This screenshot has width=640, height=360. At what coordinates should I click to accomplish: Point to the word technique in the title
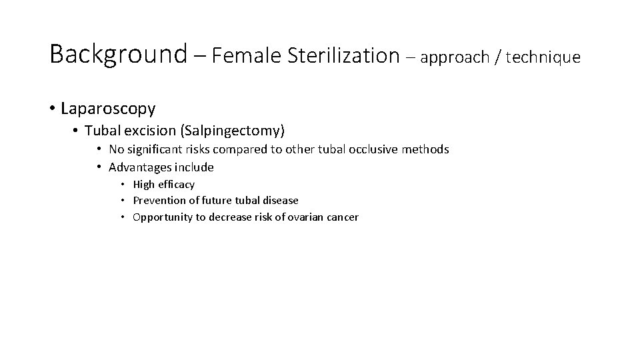tap(543, 57)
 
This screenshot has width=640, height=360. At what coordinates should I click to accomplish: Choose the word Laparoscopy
tap(108, 108)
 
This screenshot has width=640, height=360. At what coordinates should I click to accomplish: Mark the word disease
tap(280, 200)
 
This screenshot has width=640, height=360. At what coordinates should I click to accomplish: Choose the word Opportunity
tap(162, 217)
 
